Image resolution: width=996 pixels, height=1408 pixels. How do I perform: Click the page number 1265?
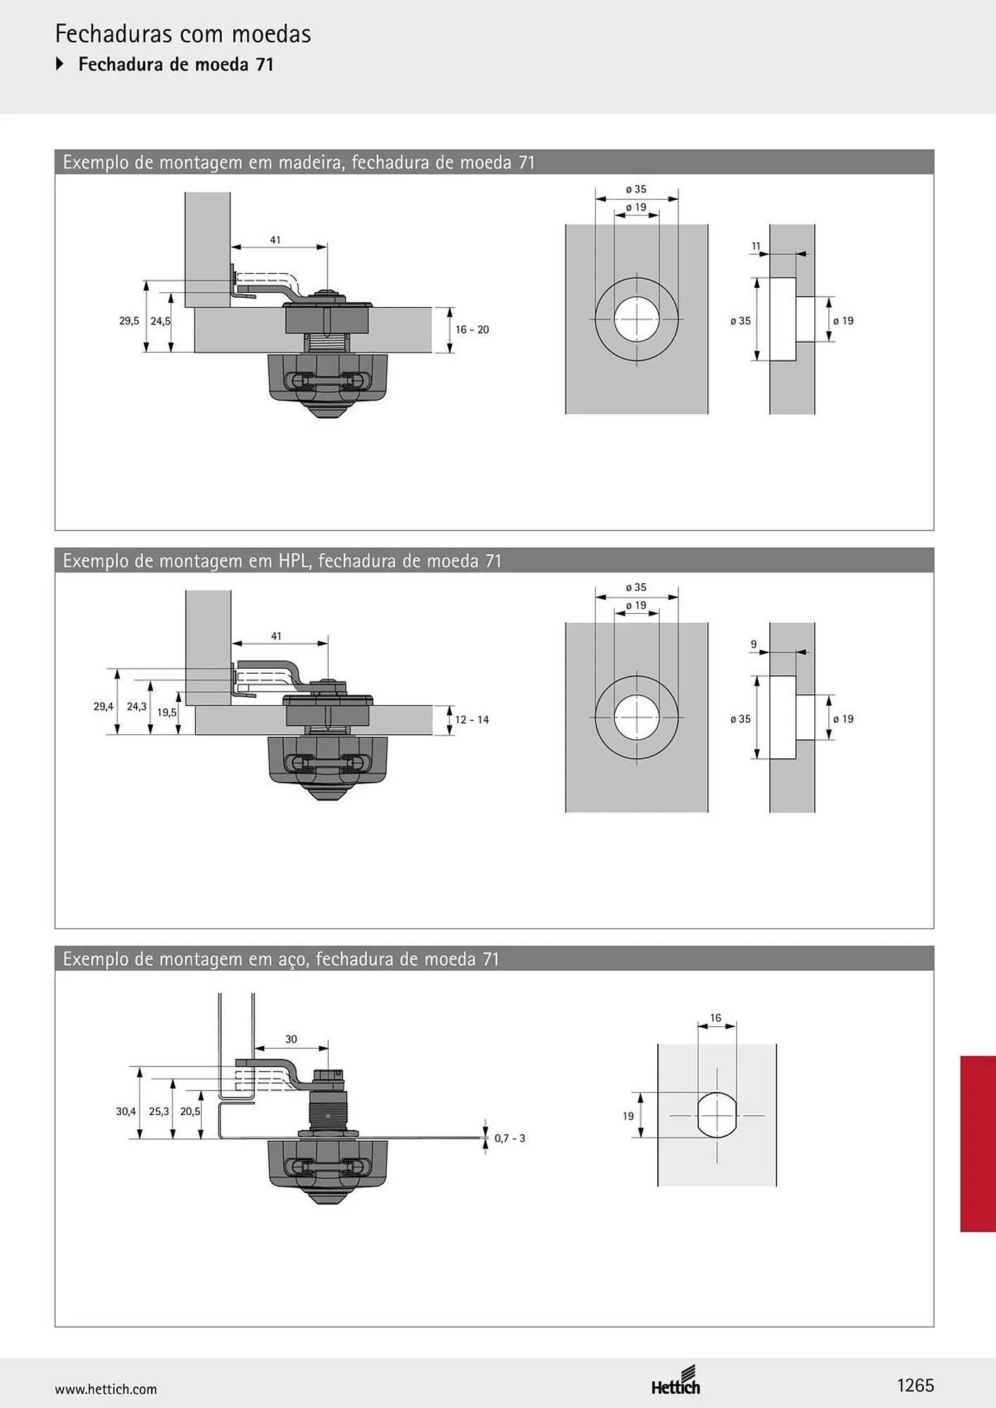[x=915, y=1385]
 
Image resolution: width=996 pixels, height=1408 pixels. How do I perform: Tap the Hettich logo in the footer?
[x=676, y=1380]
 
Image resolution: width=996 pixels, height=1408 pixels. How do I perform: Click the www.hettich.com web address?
[x=106, y=1389]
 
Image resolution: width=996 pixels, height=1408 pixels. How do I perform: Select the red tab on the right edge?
[x=978, y=1143]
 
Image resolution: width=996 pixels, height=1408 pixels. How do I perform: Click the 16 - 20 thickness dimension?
[x=472, y=329]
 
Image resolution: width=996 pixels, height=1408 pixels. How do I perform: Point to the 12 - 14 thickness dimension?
[x=472, y=719]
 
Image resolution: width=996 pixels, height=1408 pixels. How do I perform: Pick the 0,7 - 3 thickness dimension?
[x=509, y=1138]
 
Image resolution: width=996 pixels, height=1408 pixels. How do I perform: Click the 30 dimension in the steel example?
[x=291, y=1039]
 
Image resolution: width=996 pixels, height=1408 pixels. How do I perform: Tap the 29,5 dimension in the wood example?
[x=129, y=321]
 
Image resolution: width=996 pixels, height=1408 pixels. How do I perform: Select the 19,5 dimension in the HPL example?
[x=167, y=712]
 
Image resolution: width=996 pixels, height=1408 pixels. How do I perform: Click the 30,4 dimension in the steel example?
[x=126, y=1111]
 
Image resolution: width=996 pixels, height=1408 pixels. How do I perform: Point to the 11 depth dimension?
[x=756, y=246]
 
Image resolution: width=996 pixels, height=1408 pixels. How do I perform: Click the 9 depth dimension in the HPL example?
[x=754, y=644]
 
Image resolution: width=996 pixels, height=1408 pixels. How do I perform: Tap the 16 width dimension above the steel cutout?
[x=716, y=1018]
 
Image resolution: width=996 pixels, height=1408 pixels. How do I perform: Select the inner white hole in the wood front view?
[x=637, y=319]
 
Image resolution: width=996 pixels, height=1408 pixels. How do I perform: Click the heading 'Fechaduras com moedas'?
[x=183, y=34]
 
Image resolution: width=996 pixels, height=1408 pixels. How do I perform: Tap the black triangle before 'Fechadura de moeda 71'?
[x=60, y=64]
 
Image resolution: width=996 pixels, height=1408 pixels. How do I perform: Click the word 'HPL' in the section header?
[x=297, y=561]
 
